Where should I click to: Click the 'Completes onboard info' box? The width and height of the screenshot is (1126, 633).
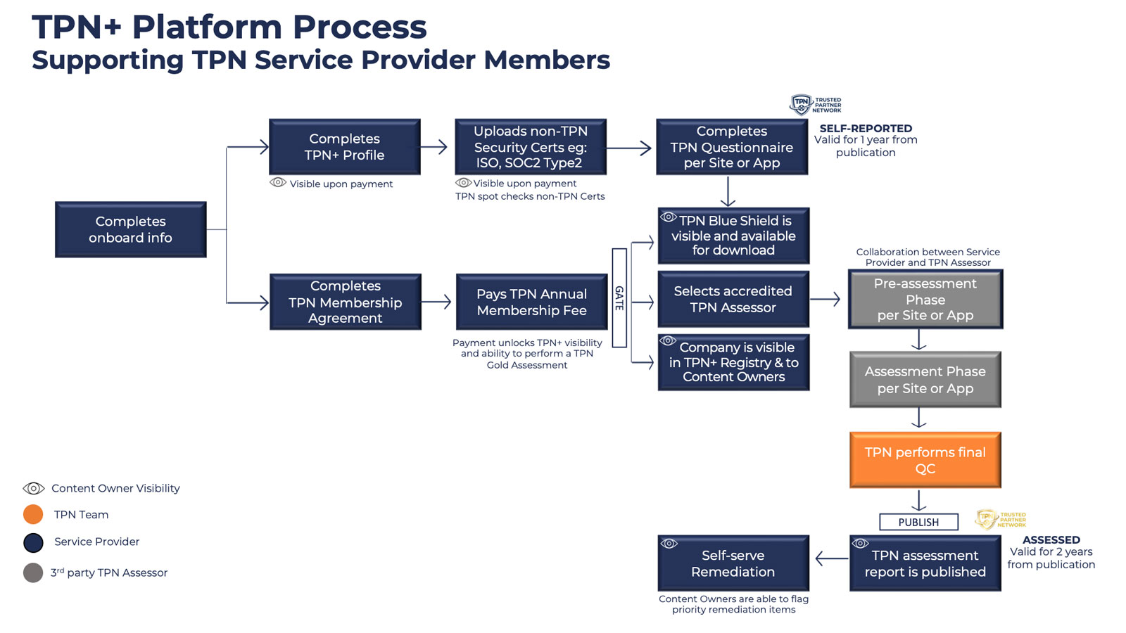pos(131,229)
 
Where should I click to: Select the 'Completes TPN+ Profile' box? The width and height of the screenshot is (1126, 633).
pos(344,146)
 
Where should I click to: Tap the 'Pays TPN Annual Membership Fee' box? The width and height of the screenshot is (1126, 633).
pos(531,302)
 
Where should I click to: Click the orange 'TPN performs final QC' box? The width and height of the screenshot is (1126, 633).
pos(925,460)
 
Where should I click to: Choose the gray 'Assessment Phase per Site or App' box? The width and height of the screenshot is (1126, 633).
pos(925,380)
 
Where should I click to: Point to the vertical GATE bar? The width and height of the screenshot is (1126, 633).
pos(619,298)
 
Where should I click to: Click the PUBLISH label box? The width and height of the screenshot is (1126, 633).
pos(918,522)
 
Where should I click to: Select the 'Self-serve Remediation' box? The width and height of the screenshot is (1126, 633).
pos(733,563)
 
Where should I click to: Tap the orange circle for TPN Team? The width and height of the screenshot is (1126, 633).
pos(33,515)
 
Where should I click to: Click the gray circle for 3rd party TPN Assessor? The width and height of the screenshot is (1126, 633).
pos(33,573)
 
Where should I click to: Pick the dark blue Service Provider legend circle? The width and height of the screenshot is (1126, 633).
pos(33,542)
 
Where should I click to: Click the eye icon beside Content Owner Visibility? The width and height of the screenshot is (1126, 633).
pos(34,488)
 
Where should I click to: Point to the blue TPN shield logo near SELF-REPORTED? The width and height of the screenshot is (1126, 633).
pos(801,105)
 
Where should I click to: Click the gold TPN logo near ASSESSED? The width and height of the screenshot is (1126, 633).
pos(986,520)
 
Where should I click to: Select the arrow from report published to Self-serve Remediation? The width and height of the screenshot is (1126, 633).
pos(831,559)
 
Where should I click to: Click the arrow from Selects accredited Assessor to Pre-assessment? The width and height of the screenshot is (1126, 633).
pos(825,300)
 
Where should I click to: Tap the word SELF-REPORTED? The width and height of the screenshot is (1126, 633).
pos(866,128)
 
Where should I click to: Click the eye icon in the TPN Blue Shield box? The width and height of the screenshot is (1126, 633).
pos(669,217)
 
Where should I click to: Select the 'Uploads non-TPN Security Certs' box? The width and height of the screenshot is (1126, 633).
pos(531,146)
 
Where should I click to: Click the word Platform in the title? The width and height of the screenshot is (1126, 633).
pos(208,27)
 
